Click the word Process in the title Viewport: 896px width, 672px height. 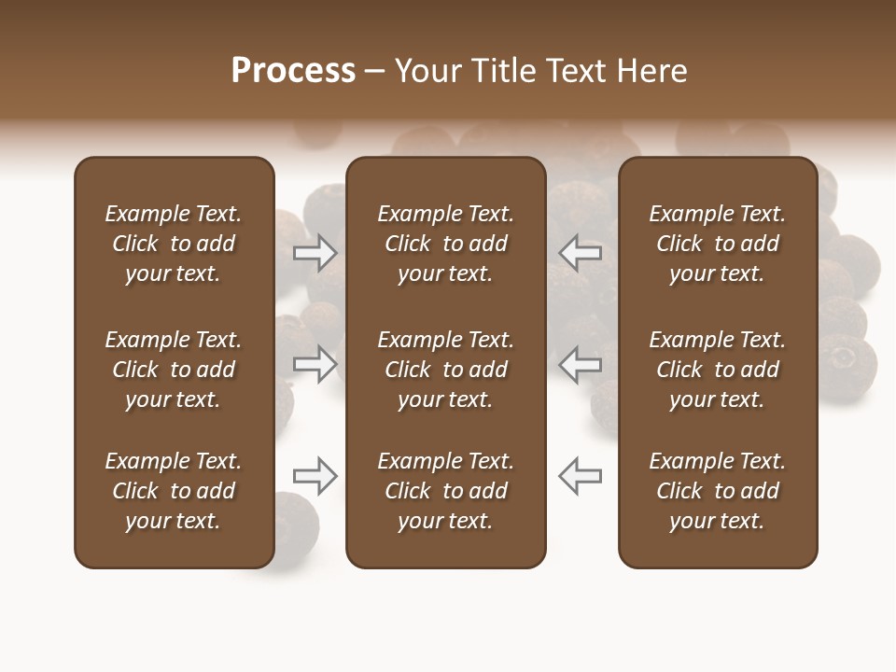pos(293,71)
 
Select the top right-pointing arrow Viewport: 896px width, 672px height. pos(315,252)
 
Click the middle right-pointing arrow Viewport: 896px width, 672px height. pos(315,363)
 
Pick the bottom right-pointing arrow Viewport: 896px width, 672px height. pos(315,476)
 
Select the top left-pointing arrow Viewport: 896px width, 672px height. pos(581,252)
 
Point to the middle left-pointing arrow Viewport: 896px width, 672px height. pos(581,363)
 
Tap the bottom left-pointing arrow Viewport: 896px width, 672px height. pos(581,476)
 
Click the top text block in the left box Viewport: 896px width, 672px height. pos(174,244)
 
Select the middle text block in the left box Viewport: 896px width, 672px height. pos(174,370)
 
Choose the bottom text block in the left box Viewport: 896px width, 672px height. pos(174,491)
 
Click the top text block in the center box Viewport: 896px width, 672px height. pos(445,244)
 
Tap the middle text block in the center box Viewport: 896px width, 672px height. pos(445,370)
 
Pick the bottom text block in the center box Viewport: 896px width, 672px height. pos(445,491)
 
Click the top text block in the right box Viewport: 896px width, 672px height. pos(718,244)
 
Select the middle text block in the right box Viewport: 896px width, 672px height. pos(718,370)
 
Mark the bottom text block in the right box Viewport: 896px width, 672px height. pos(718,491)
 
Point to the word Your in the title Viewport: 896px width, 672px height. pos(427,71)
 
